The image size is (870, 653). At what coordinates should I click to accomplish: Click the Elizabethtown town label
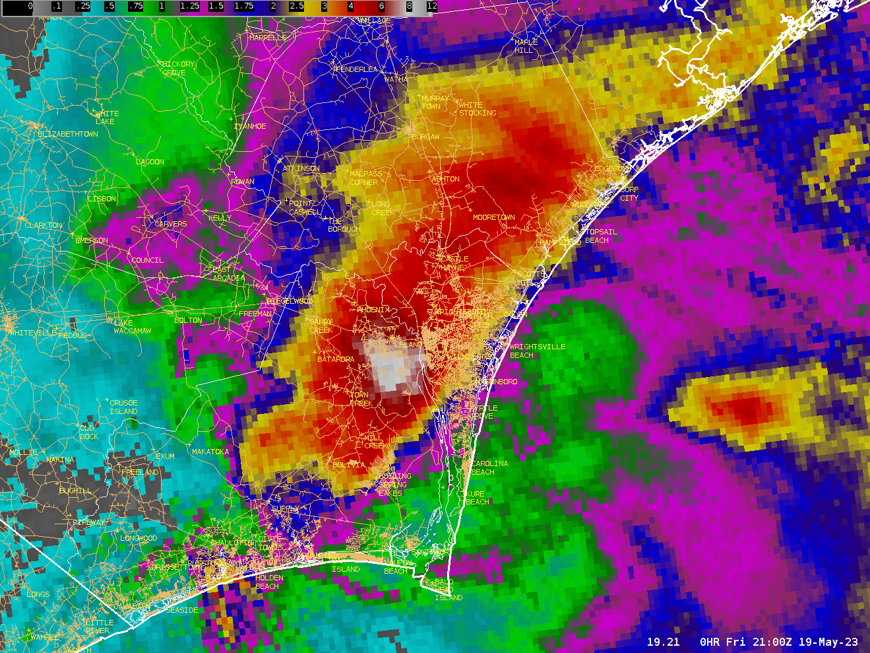68,134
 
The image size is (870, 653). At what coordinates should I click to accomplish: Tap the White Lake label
106,118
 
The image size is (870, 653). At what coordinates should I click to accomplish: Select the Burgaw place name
425,137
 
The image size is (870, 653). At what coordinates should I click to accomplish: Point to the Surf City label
629,193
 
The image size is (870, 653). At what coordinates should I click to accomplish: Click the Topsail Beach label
601,236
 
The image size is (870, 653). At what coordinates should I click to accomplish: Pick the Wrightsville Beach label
537,351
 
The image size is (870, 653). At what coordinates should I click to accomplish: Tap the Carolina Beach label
489,467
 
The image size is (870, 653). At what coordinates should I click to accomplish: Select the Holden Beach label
268,582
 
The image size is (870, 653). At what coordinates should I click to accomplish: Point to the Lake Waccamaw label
132,327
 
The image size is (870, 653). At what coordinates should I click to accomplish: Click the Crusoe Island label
123,407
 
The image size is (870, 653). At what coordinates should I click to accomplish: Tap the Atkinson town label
301,168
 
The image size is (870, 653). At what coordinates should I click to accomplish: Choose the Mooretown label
493,217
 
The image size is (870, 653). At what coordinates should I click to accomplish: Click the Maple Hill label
526,46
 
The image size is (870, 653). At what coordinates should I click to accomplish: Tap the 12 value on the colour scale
431,6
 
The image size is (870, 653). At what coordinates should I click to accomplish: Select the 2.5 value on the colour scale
296,6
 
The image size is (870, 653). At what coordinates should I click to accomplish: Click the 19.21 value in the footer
663,642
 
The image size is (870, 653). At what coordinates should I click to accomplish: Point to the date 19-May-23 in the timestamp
828,642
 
